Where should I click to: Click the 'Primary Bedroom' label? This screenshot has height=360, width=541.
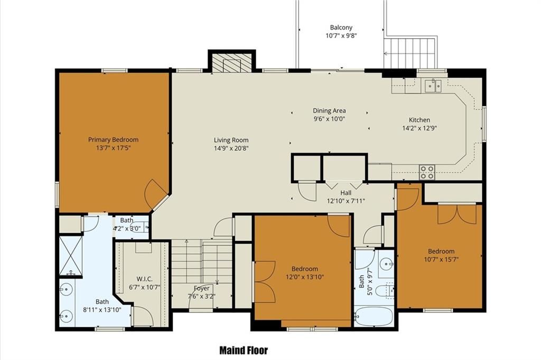pyautogui.click(x=113, y=140)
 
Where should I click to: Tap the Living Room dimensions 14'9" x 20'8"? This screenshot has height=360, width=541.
pyautogui.click(x=231, y=149)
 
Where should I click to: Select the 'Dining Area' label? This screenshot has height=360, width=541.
pyautogui.click(x=329, y=111)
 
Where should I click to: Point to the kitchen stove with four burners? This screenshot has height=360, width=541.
pyautogui.click(x=427, y=172)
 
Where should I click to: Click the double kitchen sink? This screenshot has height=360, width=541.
pyautogui.click(x=433, y=86)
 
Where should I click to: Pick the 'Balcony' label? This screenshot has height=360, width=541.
pyautogui.click(x=341, y=27)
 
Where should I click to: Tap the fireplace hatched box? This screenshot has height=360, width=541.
pyautogui.click(x=231, y=63)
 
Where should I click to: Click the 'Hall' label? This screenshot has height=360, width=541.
pyautogui.click(x=346, y=193)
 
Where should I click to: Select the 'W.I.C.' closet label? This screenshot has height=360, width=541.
pyautogui.click(x=145, y=279)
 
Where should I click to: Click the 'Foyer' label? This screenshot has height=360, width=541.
pyautogui.click(x=201, y=288)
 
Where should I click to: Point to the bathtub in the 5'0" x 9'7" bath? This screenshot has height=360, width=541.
pyautogui.click(x=374, y=317)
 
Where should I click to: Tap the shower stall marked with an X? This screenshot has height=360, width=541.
pyautogui.click(x=71, y=255)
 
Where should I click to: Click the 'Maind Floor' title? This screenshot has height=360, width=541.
pyautogui.click(x=244, y=350)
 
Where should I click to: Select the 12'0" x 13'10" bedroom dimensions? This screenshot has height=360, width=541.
pyautogui.click(x=305, y=277)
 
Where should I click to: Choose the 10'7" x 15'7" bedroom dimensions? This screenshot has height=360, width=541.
pyautogui.click(x=441, y=259)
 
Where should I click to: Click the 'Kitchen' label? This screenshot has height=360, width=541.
pyautogui.click(x=419, y=120)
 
